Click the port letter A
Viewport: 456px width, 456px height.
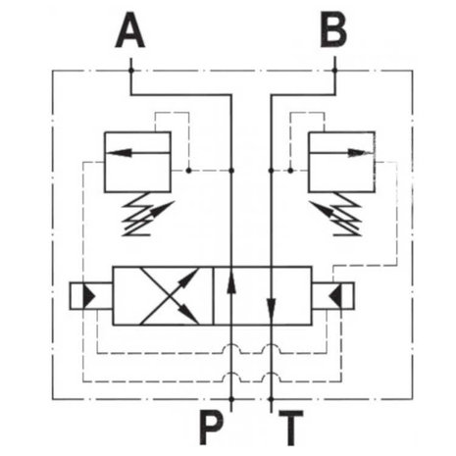tap(130, 29)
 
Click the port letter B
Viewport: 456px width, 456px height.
tap(333, 29)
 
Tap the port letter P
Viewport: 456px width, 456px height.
tap(212, 428)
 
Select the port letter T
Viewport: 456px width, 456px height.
tap(291, 428)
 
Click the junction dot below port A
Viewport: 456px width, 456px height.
tap(131, 71)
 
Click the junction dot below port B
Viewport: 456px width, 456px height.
tap(334, 71)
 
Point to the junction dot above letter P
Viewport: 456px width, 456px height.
tap(231, 399)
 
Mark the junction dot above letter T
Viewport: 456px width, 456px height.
tap(271, 399)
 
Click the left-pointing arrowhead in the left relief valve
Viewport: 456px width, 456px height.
tap(120, 152)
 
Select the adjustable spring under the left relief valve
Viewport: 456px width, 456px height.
tap(147, 214)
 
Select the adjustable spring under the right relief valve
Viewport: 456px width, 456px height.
tap(335, 214)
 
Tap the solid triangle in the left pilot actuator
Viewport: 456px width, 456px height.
tap(88, 296)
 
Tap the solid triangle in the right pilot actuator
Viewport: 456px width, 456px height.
tap(335, 296)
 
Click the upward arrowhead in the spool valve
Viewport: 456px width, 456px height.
tap(231, 282)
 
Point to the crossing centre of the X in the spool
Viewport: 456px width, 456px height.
tap(170, 296)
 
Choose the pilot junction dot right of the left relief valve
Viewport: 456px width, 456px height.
tap(188, 171)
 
